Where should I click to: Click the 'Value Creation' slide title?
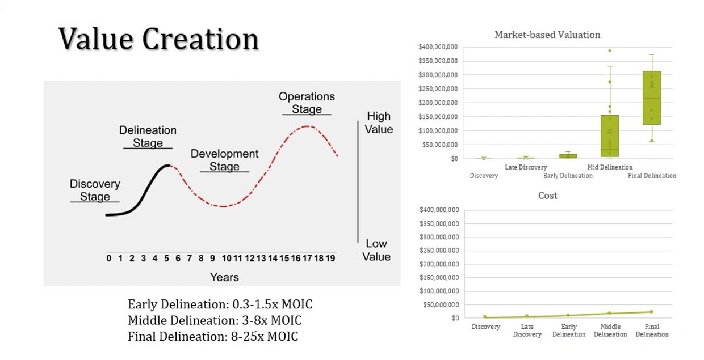(158, 39)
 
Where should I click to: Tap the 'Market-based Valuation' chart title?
(547, 35)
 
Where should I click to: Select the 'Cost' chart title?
(548, 196)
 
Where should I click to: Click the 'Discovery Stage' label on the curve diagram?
(95, 190)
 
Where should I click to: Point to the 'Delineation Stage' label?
(148, 137)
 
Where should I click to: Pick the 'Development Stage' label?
(224, 160)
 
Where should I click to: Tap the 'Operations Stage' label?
(307, 103)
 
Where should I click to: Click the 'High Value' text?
(379, 122)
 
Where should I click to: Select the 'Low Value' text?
(377, 250)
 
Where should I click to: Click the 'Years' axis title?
(224, 277)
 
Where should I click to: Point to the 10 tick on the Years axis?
(227, 259)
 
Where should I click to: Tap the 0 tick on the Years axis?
(109, 259)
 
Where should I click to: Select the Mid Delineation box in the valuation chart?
(610, 136)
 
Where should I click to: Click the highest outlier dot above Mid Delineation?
(610, 50)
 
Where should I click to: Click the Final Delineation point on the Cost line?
(651, 312)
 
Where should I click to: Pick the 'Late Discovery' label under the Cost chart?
(527, 331)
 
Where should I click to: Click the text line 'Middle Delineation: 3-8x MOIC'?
(215, 320)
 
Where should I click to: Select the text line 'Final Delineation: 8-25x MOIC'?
(213, 336)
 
